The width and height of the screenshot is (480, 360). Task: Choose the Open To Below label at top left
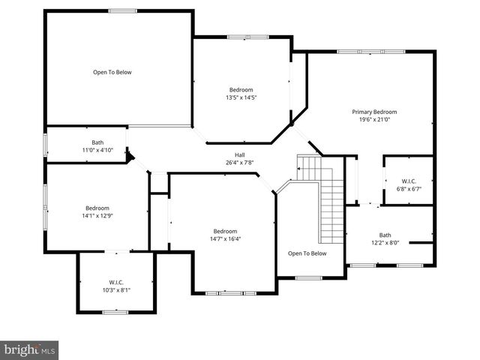coord(112,72)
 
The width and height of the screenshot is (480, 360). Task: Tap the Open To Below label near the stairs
coord(307,253)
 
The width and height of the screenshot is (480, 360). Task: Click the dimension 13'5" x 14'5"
coord(241,97)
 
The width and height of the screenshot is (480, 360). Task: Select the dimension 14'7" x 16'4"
coord(225,238)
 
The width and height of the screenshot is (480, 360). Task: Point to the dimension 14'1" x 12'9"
coord(97,215)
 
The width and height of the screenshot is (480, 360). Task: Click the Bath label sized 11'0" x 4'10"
coord(97,142)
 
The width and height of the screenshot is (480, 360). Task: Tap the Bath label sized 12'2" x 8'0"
coord(385,235)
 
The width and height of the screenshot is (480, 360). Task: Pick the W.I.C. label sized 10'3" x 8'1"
coord(115,282)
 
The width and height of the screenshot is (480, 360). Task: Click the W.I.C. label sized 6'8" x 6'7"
coord(409,181)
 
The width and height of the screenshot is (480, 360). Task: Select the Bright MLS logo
coord(30,349)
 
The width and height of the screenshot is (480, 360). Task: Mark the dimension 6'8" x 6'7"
coord(409,188)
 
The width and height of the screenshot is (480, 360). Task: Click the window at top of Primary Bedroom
coord(370,51)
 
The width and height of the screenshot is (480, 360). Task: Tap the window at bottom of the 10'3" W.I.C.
coord(115,311)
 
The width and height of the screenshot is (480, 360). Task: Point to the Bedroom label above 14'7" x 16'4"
coord(225,231)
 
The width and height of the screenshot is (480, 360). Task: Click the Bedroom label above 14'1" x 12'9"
coord(97,208)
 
